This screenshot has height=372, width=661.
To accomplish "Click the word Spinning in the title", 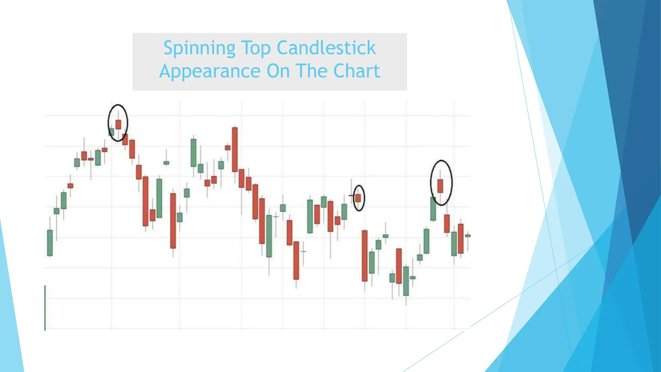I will pyautogui.click(x=199, y=48).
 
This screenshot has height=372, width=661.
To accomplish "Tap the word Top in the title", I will pyautogui.click(x=256, y=48).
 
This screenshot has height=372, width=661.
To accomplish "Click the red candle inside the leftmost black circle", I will pyautogui.click(x=118, y=125).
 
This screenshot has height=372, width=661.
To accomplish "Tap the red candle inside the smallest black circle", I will pyautogui.click(x=358, y=198).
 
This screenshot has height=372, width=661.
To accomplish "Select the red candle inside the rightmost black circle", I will pyautogui.click(x=440, y=186).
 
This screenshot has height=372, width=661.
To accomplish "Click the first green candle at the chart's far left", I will pyautogui.click(x=50, y=243).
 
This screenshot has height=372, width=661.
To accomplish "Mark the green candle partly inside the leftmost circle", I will pyautogui.click(x=112, y=132).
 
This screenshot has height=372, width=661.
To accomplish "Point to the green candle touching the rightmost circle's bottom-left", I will pyautogui.click(x=433, y=209).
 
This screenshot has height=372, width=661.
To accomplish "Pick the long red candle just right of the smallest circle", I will pyautogui.click(x=365, y=255).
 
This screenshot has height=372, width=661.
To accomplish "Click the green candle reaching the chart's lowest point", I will pyautogui.click(x=406, y=281).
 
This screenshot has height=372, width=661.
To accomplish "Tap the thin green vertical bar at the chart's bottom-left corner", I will pyautogui.click(x=45, y=308).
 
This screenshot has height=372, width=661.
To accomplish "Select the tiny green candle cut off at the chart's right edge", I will pyautogui.click(x=468, y=236).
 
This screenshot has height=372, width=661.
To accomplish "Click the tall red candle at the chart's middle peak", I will pyautogui.click(x=235, y=150).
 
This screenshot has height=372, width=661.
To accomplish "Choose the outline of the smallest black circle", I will pyautogui.click(x=364, y=198).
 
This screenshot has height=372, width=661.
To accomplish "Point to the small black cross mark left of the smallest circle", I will pyautogui.click(x=351, y=196).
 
